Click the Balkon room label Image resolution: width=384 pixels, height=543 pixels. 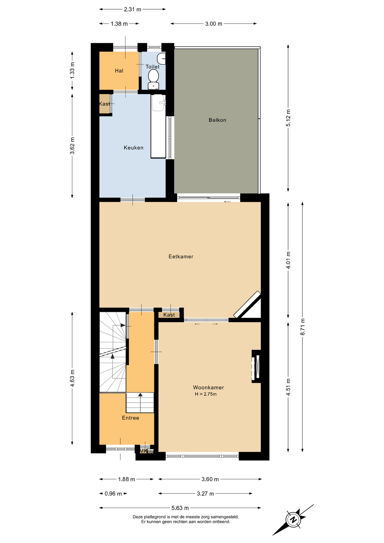tap(217, 120)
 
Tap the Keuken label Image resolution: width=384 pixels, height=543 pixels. tap(133, 148)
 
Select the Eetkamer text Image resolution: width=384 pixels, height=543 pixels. tap(181, 257)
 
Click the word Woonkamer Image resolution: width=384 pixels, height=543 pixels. tap(208, 387)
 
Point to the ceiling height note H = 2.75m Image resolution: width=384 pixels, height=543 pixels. tap(206, 394)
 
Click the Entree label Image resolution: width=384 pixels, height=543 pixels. tap(130, 418)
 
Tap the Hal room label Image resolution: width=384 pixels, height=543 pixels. tap(119, 71)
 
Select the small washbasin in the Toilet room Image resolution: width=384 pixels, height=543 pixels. tap(161, 59)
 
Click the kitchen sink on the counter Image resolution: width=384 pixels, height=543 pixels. tap(158, 103)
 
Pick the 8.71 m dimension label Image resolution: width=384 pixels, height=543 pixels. tap(303, 327)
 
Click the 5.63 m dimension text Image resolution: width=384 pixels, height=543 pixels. tap(180, 508)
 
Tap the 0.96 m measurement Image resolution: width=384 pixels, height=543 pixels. tap(113, 494)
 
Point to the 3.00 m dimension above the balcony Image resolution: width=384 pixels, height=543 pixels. tap(213, 24)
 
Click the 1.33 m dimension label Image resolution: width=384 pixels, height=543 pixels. tap(72, 70)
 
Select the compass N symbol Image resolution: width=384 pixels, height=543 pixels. tap(294, 519)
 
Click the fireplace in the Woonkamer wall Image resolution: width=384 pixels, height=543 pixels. tap(256, 367)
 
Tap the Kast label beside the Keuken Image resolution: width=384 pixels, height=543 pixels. tap(104, 104)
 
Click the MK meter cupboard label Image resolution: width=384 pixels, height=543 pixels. tap(143, 451)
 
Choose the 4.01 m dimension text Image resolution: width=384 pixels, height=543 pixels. tap(288, 260)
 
